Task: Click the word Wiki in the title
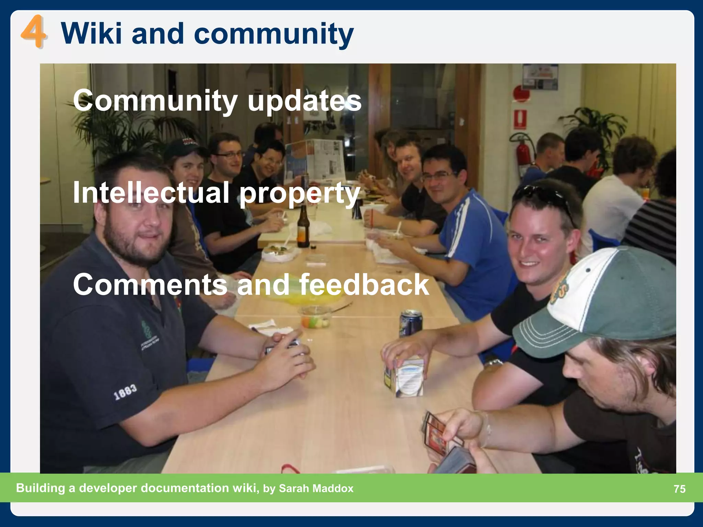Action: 91,34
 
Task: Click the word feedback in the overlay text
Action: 364,284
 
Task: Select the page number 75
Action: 679,489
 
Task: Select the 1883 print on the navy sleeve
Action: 125,392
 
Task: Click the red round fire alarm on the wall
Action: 521,92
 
